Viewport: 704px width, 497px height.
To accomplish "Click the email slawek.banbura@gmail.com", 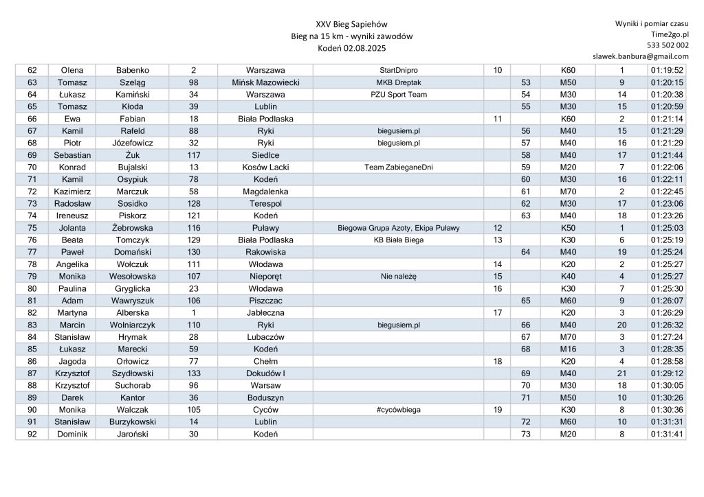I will (640, 56).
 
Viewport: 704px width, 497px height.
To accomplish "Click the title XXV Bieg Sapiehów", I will (351, 24).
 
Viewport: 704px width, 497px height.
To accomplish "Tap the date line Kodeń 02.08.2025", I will (351, 49).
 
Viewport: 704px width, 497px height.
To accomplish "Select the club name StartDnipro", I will (398, 70).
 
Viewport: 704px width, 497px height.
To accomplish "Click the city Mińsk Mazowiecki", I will (265, 82).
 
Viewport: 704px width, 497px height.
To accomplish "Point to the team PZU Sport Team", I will (398, 94).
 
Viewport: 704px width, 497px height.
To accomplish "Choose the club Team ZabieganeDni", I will (398, 167).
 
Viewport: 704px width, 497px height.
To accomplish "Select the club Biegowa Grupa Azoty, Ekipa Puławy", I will (398, 228).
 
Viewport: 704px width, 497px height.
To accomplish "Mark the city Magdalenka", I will (265, 192).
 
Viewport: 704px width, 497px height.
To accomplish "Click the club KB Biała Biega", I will (398, 240).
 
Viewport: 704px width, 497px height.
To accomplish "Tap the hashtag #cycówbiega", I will (398, 410).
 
